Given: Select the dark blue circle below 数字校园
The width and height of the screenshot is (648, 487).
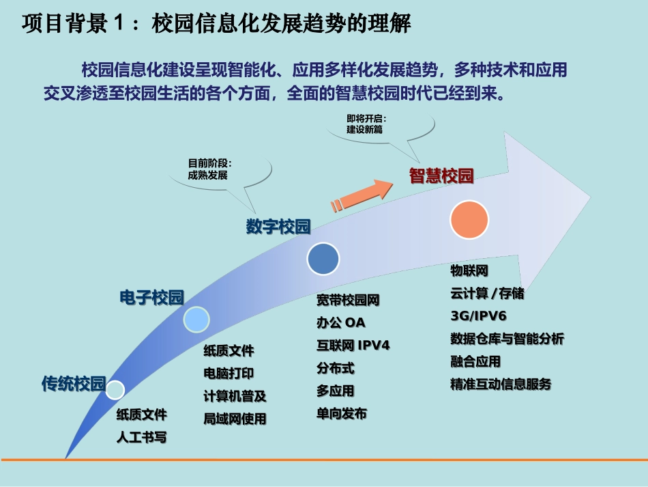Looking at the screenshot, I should pyautogui.click(x=323, y=258).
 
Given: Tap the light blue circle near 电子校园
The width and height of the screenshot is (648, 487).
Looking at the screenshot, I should pyautogui.click(x=196, y=320).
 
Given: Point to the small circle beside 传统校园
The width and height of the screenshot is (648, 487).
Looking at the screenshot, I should pyautogui.click(x=115, y=389).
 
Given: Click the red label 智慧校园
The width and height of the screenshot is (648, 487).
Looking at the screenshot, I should pyautogui.click(x=441, y=176).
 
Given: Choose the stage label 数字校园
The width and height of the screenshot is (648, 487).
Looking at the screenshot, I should pyautogui.click(x=278, y=227).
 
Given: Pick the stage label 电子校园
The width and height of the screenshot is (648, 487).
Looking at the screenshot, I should pyautogui.click(x=151, y=297).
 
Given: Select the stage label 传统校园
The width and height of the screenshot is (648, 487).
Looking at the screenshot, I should pyautogui.click(x=74, y=384).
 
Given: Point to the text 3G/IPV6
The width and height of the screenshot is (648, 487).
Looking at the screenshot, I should pyautogui.click(x=478, y=316).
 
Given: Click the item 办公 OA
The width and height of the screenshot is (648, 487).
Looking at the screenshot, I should pyautogui.click(x=340, y=322).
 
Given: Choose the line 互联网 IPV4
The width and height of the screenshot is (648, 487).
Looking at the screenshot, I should pyautogui.click(x=353, y=345).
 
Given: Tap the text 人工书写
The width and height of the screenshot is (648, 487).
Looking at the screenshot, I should pyautogui.click(x=141, y=438).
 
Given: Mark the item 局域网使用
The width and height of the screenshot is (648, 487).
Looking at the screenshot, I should pyautogui.click(x=235, y=419).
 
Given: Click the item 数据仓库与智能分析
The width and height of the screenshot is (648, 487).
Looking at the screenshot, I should pyautogui.click(x=507, y=338).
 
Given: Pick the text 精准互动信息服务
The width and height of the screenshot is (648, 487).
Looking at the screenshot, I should pyautogui.click(x=501, y=384).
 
